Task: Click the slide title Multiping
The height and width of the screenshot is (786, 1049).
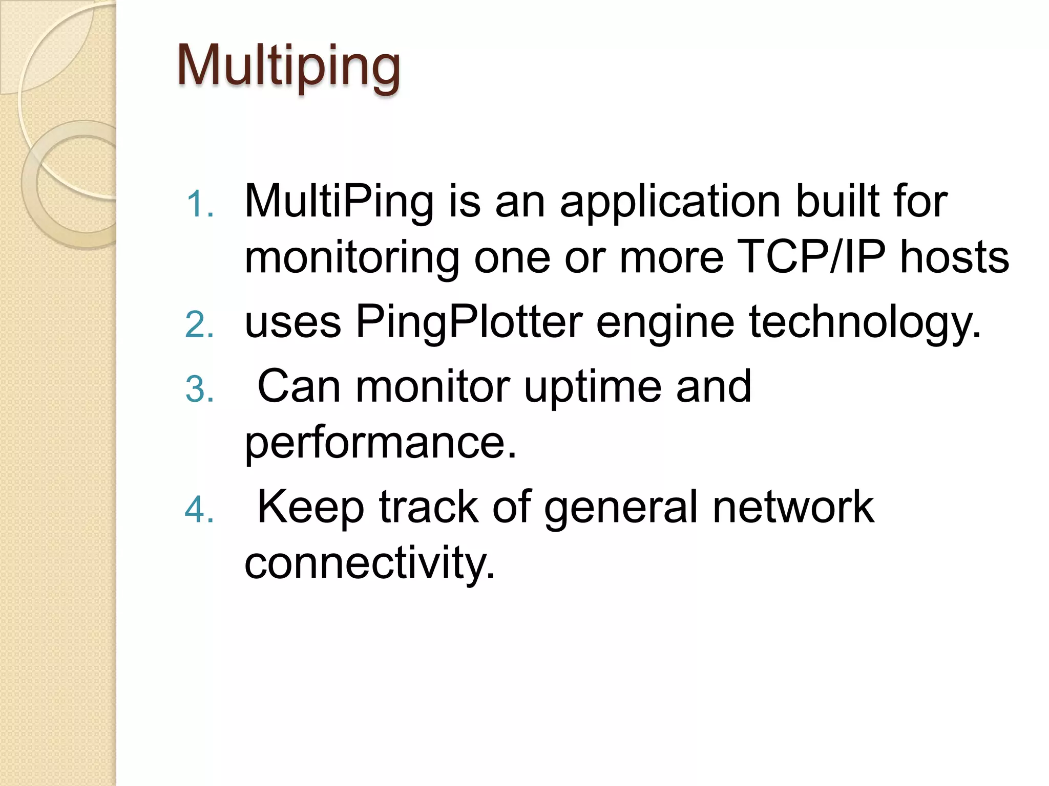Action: coord(288,67)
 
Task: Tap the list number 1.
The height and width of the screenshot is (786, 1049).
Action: coord(199,204)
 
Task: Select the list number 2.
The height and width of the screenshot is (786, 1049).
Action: coord(199,325)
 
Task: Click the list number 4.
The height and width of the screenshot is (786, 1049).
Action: coord(199,510)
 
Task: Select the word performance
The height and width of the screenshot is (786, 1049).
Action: coord(381,444)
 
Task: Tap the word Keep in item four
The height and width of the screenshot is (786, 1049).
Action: coord(310,508)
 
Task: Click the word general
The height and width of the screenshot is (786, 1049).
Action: coord(621,509)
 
